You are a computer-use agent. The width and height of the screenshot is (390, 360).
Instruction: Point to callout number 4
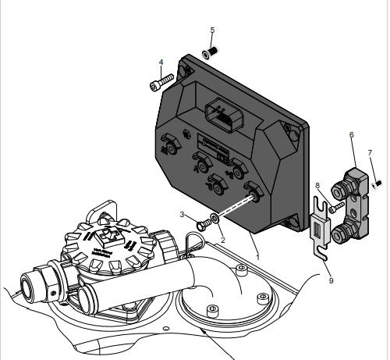pyautogui.click(x=161, y=62)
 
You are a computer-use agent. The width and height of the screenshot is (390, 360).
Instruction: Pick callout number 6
pyautogui.click(x=351, y=134)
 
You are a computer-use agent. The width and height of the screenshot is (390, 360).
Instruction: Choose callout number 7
pyautogui.click(x=370, y=152)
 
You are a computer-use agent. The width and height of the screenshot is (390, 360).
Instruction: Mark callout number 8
pyautogui.click(x=317, y=185)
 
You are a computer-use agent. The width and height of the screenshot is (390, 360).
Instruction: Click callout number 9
pyautogui.click(x=331, y=279)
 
